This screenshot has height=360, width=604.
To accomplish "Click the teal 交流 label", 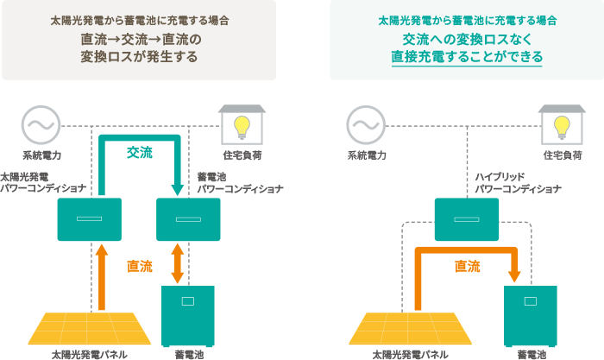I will pyautogui.click(x=139, y=152).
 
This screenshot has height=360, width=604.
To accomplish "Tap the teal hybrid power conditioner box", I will pyautogui.click(x=467, y=218).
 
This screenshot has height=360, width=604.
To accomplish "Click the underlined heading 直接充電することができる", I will pyautogui.click(x=466, y=57).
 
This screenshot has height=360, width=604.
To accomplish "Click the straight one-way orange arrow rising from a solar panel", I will pyautogui.click(x=101, y=276).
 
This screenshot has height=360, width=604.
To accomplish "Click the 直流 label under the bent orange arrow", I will pyautogui.click(x=467, y=267).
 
